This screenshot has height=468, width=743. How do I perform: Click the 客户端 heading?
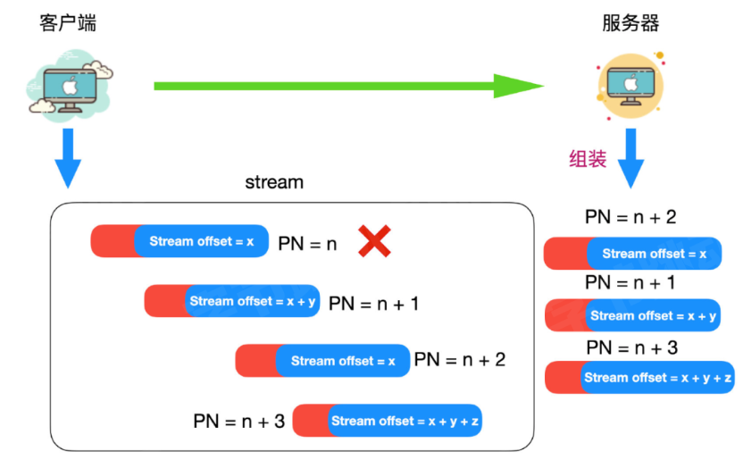(68, 22)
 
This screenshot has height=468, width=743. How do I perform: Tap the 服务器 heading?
(630, 22)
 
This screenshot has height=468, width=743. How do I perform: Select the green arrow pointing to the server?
(349, 86)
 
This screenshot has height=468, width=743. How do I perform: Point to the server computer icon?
(630, 85)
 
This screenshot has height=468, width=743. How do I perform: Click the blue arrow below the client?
(68, 158)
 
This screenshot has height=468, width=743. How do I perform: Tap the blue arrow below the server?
(630, 158)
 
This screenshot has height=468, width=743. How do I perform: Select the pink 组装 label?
(588, 159)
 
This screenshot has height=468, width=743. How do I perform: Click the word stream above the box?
(274, 182)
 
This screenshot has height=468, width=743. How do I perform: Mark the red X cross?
(374, 241)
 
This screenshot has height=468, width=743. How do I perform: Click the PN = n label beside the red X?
(307, 244)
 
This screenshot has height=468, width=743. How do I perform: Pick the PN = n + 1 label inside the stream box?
(374, 304)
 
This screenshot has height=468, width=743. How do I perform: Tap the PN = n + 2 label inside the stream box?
(460, 360)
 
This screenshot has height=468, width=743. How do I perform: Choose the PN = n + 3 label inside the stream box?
(238, 421)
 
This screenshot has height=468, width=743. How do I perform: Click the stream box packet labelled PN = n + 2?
(322, 361)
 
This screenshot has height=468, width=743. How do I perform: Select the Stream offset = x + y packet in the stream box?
(232, 301)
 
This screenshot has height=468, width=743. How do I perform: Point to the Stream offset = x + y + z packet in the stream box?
(388, 420)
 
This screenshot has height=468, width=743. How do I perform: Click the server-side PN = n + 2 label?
(630, 217)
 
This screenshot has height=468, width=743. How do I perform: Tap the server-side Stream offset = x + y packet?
(632, 315)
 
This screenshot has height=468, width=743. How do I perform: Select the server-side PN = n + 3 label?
(632, 347)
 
